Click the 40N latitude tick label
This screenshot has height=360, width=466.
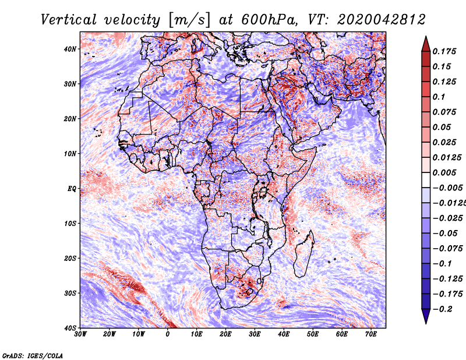[x=69, y=49]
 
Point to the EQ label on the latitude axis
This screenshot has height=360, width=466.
[x=72, y=189]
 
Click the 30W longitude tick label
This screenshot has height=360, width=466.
[x=80, y=334]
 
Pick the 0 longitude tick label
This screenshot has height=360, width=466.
[x=168, y=334]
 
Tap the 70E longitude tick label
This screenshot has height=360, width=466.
[x=370, y=334]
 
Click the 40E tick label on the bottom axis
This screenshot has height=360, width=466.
[x=284, y=334]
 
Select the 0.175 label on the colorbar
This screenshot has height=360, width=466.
[x=444, y=51]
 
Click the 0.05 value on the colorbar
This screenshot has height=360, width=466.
[x=442, y=127]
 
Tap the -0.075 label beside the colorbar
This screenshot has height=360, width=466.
[x=447, y=249]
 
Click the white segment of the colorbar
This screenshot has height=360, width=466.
[x=426, y=180]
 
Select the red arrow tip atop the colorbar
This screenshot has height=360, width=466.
[x=426, y=37]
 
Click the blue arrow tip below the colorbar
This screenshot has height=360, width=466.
[x=426, y=323]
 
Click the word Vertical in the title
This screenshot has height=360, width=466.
[x=69, y=20]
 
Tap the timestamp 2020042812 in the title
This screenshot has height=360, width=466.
[x=382, y=20]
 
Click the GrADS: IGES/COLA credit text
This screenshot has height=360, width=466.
[x=33, y=355]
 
